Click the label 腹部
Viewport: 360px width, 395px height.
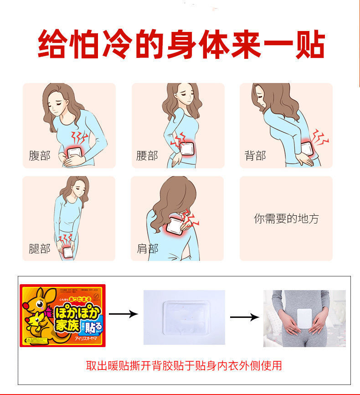(39, 156)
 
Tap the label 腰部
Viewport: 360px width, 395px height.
(147, 156)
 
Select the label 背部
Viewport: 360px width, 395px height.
(255, 156)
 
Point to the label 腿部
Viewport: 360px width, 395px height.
(39, 249)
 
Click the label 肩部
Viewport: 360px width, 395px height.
(147, 249)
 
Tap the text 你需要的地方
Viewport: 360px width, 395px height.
(286, 218)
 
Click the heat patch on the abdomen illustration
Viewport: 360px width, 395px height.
(75, 151)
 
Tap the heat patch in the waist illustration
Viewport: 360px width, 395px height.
(187, 149)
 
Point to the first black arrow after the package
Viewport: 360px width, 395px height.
(123, 314)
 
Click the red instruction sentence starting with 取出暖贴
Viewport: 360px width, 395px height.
(184, 365)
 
